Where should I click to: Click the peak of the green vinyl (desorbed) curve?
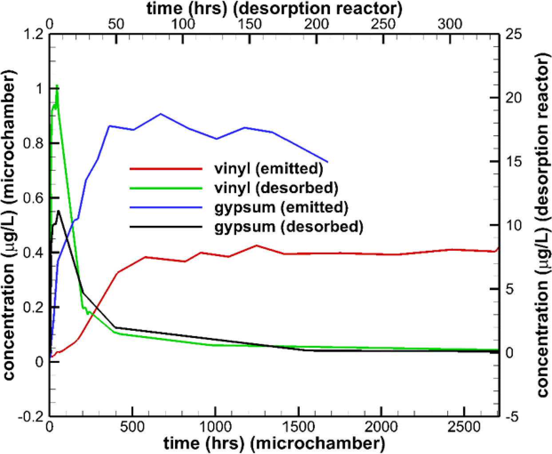pos(57,85)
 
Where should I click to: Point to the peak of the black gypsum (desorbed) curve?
pos(59,210)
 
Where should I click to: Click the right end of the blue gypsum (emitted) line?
pos(328,162)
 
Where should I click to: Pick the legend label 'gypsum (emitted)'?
pos(281,207)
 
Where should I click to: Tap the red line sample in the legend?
pos(166,169)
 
